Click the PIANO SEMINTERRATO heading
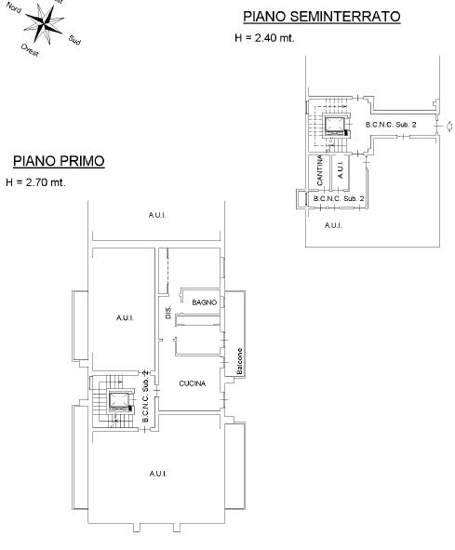[x=322, y=17]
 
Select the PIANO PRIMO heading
[x=59, y=161]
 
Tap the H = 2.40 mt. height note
[x=264, y=38]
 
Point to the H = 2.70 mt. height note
[x=35, y=182]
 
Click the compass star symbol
[x=45, y=23]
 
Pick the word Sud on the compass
[x=74, y=40]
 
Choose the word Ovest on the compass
[x=30, y=50]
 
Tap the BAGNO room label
[x=204, y=302]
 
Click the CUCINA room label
[x=193, y=383]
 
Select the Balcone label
[x=240, y=361]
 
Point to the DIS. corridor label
[x=168, y=313]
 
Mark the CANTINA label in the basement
[x=319, y=170]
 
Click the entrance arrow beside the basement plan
[x=448, y=127]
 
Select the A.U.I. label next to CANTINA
[x=340, y=169]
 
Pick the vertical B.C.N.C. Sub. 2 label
[x=146, y=396]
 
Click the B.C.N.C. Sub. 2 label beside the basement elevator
[x=391, y=125]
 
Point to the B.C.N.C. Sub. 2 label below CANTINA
[x=339, y=198]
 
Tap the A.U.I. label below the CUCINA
[x=158, y=474]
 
